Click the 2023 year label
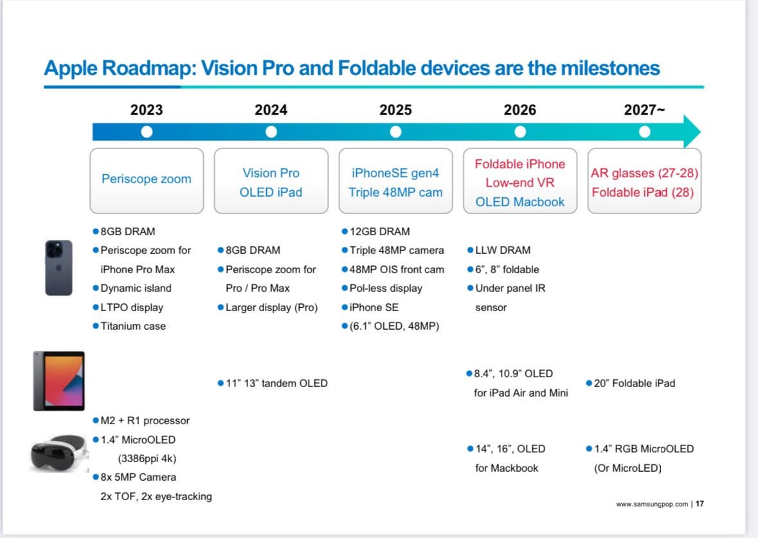click(147, 110)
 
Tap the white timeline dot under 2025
click(396, 132)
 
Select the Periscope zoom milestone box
click(147, 180)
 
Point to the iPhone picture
click(59, 267)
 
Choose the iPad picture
click(59, 381)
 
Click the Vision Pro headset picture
click(59, 453)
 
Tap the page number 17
click(699, 504)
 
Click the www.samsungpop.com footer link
click(652, 504)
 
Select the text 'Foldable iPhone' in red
click(519, 164)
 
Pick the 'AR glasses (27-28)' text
click(644, 173)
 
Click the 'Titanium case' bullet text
click(133, 326)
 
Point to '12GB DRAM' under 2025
click(379, 231)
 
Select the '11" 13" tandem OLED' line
click(276, 383)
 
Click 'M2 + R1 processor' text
click(145, 420)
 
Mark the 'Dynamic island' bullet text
click(136, 288)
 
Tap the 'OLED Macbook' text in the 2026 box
click(519, 202)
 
